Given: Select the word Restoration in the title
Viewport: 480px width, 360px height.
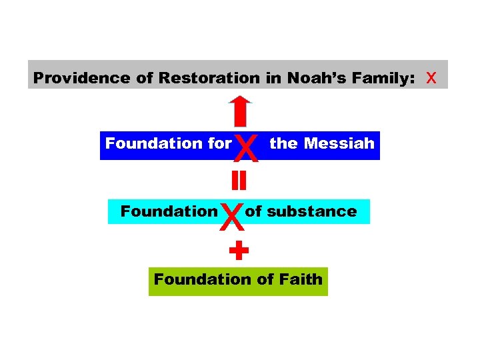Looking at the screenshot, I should [x=209, y=78].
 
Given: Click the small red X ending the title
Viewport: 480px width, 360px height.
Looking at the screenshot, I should [x=431, y=78].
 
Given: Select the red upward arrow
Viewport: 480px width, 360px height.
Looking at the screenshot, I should [x=240, y=111].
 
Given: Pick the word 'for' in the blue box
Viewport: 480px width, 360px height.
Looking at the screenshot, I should [x=219, y=143].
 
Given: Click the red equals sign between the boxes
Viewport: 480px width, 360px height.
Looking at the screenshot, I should [x=239, y=180].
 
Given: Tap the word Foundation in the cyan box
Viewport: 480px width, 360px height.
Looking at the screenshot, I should [x=169, y=211].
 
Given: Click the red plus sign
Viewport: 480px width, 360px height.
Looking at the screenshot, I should [x=239, y=251].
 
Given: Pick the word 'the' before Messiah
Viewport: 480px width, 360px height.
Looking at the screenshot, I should [x=283, y=143].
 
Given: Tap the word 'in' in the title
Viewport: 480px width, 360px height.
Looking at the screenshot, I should [x=273, y=78].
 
